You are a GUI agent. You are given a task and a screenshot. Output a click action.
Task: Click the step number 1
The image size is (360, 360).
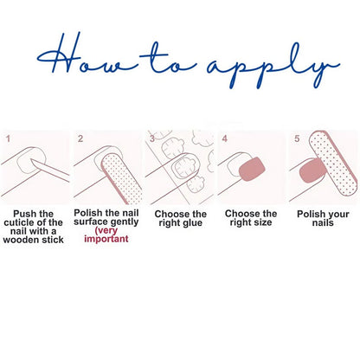click(8, 138)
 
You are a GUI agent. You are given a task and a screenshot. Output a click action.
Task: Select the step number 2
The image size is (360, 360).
click(80, 138)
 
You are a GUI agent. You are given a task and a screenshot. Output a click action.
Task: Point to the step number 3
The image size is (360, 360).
click(152, 138)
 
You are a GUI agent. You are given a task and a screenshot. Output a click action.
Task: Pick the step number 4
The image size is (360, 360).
click(224, 138)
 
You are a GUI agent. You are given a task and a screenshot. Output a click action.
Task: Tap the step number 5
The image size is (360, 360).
click(297, 138)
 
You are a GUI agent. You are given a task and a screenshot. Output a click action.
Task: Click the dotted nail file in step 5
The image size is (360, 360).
click(333, 163)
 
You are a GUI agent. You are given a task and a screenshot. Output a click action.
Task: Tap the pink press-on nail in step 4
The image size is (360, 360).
click(252, 169)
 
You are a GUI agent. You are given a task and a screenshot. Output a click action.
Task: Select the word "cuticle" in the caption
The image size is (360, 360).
click(19, 222)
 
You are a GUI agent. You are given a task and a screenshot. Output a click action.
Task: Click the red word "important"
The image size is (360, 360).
click(106, 239)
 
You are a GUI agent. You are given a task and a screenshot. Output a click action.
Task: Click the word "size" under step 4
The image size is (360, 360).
click(261, 222)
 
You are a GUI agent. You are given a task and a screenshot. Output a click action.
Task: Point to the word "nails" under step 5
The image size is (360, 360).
click(323, 222)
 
